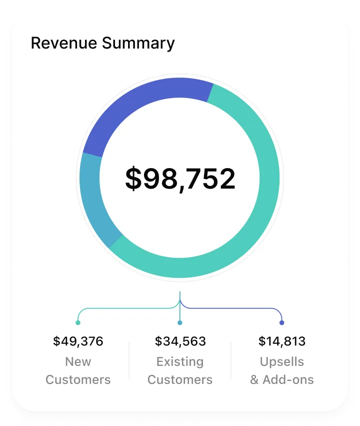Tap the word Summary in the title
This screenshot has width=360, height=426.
click(138, 43)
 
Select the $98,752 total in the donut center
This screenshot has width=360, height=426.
click(180, 179)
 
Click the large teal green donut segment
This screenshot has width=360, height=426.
click(260, 200)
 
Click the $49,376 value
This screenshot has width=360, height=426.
click(78, 341)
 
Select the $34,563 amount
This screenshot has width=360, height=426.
click(180, 341)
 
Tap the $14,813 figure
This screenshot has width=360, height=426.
click(282, 341)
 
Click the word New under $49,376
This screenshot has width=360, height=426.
click(78, 361)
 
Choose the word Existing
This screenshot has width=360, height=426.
click(180, 361)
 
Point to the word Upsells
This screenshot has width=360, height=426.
click(282, 361)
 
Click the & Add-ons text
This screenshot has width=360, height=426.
click(282, 379)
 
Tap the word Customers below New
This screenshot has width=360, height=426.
click(78, 379)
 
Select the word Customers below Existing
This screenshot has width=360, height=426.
click(180, 379)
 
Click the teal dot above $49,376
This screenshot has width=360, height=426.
click(78, 323)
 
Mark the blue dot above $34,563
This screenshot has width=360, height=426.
click(180, 323)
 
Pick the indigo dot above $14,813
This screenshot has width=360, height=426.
click(282, 323)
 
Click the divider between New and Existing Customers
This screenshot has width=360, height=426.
click(129, 360)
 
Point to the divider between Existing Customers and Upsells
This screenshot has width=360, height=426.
click(231, 360)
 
